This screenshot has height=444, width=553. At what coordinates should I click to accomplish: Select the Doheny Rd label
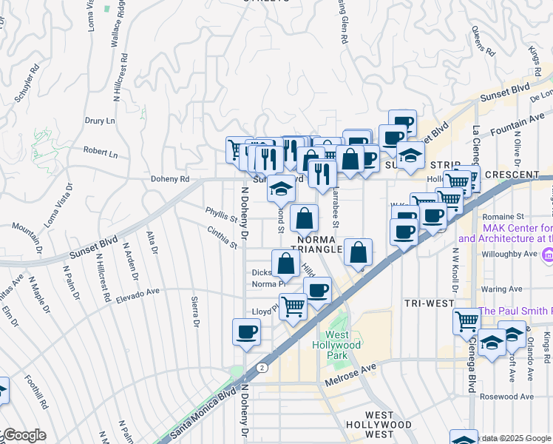click(x=170, y=179)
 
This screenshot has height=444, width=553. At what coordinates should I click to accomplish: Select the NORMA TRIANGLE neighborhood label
click(x=319, y=245)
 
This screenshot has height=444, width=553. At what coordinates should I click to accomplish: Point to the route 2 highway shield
click(x=261, y=367)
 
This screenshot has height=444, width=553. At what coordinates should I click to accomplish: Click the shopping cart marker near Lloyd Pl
click(x=294, y=305)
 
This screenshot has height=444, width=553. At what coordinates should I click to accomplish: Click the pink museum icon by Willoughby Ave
click(x=547, y=255)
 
